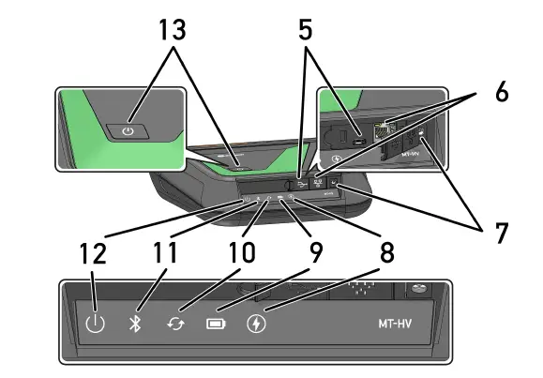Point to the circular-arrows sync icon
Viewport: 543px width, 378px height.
[174, 325]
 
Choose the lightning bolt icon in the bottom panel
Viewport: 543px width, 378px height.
[256, 325]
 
